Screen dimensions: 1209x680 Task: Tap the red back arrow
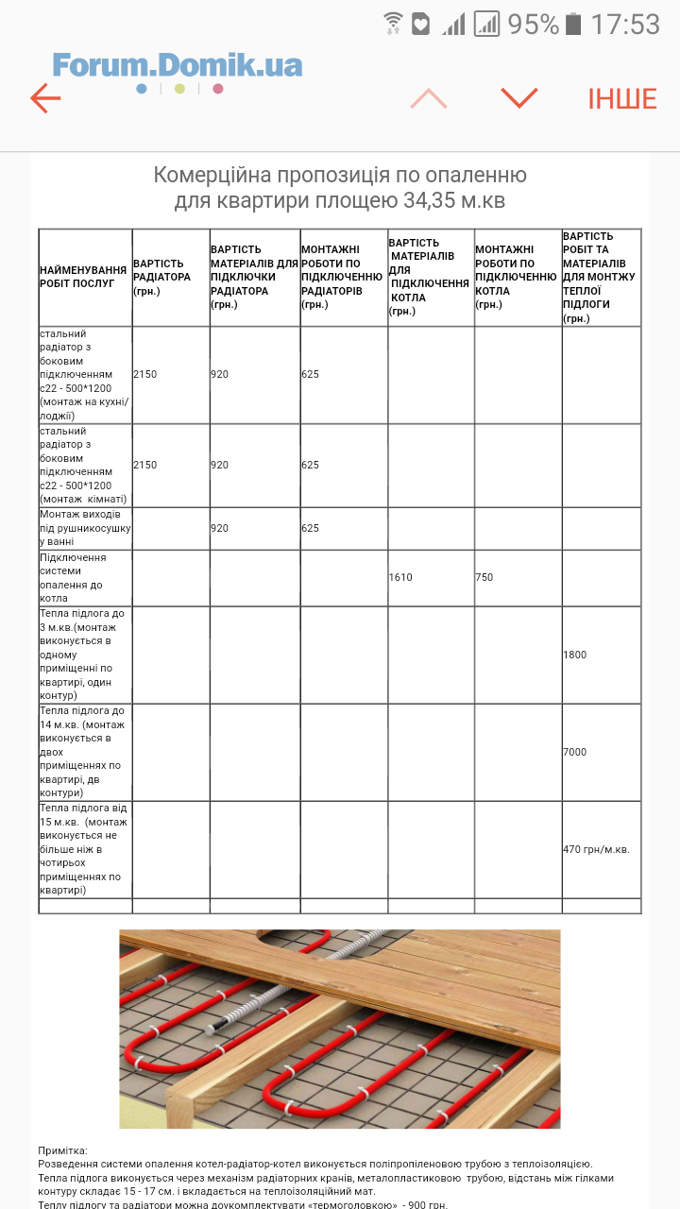pyautogui.click(x=44, y=98)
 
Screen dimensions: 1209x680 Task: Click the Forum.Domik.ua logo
pyautogui.click(x=178, y=65)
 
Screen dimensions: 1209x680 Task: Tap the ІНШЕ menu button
pyautogui.click(x=621, y=99)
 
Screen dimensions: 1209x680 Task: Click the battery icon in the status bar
pyautogui.click(x=572, y=24)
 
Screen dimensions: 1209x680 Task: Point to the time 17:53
pyautogui.click(x=624, y=24)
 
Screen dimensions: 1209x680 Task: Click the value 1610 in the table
pyautogui.click(x=400, y=577)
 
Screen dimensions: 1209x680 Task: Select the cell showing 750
pyautogui.click(x=484, y=577)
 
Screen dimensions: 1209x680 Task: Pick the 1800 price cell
pyautogui.click(x=574, y=655)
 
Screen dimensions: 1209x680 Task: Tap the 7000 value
pyautogui.click(x=574, y=752)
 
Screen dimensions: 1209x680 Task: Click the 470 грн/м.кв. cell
pyautogui.click(x=596, y=849)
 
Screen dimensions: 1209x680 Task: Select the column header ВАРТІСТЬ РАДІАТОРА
pyautogui.click(x=161, y=277)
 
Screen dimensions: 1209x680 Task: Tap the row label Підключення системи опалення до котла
pyautogui.click(x=74, y=577)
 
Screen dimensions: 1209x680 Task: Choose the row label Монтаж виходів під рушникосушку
pyautogui.click(x=84, y=528)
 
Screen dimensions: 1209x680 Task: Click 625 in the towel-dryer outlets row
pyautogui.click(x=311, y=528)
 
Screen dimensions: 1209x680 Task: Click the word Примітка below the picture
pyautogui.click(x=62, y=1150)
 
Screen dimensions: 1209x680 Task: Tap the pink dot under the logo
pyautogui.click(x=218, y=89)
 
